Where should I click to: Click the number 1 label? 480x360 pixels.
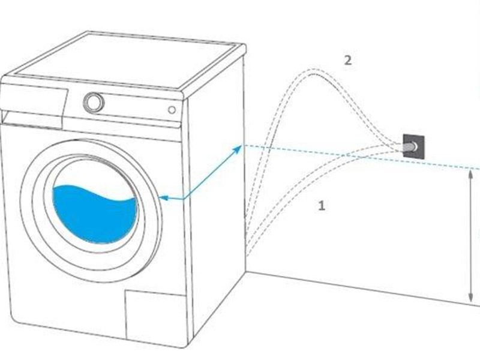(x=322, y=206)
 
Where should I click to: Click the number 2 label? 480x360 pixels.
(x=347, y=60)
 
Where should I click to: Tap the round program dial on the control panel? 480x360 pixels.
(x=94, y=103)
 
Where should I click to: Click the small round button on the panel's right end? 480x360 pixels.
(x=172, y=110)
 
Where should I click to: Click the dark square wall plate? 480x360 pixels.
(x=414, y=146)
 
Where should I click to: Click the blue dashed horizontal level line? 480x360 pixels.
(x=330, y=153)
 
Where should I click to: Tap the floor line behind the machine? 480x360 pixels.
(x=360, y=288)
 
